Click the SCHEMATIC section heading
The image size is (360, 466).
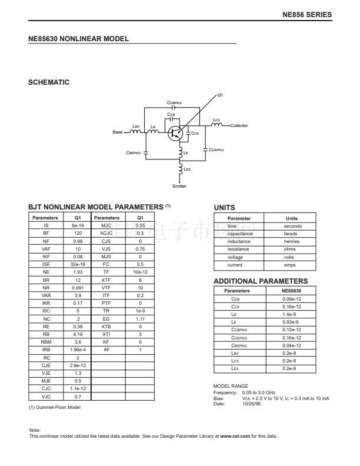(x=49, y=82)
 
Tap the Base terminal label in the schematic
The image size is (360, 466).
(x=118, y=132)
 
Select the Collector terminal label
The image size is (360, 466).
(x=239, y=126)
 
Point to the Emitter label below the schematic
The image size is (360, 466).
(x=179, y=187)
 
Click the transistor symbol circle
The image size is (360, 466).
(x=175, y=133)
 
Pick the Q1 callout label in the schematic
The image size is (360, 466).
(x=220, y=95)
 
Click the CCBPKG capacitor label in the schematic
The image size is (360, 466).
(x=174, y=102)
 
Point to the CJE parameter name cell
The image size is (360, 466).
(x=45, y=365)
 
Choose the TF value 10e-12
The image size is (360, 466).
(x=140, y=272)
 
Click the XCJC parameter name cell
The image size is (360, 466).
(x=106, y=233)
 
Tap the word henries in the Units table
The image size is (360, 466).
(x=291, y=241)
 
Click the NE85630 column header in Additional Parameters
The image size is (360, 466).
(x=291, y=291)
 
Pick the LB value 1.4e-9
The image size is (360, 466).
(x=291, y=314)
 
